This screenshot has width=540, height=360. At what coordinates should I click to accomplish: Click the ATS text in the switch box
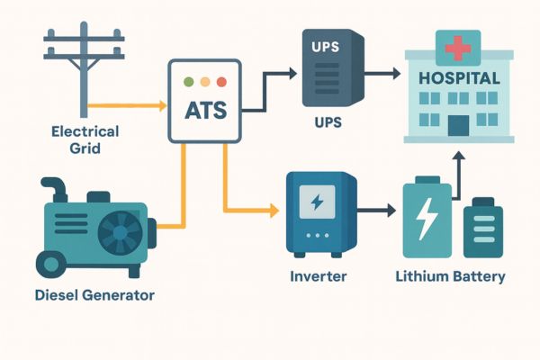pos(205,112)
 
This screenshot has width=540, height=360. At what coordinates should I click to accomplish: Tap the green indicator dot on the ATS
pos(188,81)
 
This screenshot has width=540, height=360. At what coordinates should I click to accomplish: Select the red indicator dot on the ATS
pos(221,81)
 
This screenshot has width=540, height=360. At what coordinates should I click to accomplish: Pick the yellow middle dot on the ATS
pos(205,81)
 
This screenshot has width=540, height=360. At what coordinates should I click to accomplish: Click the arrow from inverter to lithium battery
pos(378,212)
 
